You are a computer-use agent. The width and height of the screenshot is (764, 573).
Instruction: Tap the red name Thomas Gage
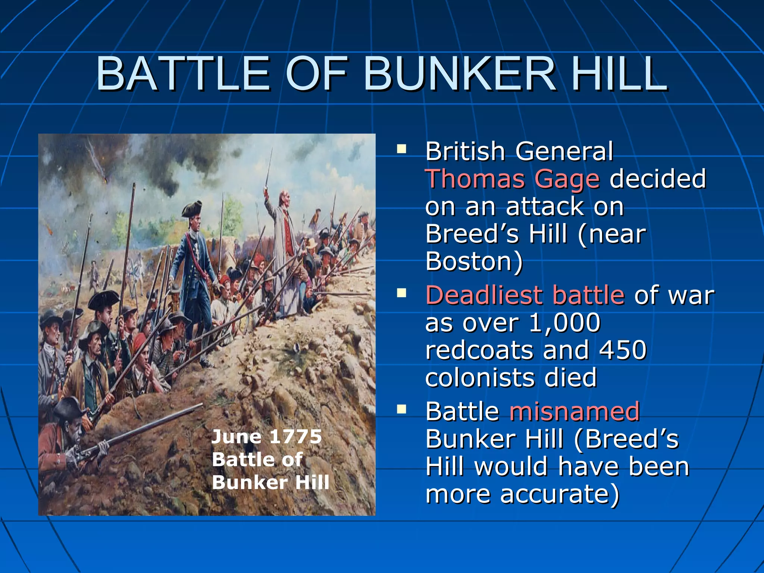coord(513,179)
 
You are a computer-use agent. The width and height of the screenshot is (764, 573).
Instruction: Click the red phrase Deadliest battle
coord(525,295)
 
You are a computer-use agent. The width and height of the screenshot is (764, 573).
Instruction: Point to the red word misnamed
coord(574,411)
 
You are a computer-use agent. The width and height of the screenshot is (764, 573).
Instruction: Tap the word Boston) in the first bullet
coord(474,262)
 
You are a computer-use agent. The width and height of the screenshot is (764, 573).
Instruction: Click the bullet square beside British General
coord(401,150)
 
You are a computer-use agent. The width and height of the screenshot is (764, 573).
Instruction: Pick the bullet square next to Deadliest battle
coord(401,293)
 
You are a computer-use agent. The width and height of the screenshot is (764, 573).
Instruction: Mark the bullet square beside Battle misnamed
coord(401,410)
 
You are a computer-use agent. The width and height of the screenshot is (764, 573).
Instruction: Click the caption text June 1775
coord(266,436)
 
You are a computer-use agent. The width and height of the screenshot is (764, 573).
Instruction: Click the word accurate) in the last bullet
coord(560,494)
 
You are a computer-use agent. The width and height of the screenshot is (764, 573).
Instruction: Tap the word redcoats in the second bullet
coord(479,350)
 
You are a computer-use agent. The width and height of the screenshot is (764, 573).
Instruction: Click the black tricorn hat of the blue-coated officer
coord(192,210)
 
